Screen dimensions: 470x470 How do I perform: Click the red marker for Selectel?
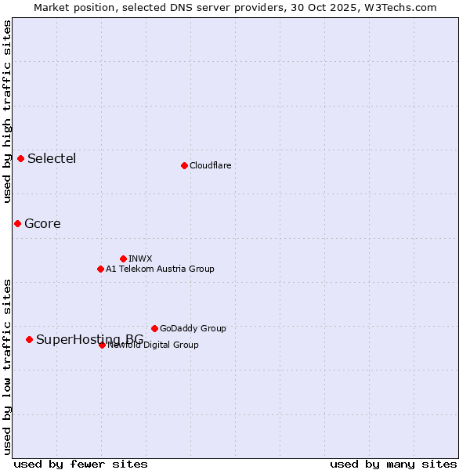click(20, 158)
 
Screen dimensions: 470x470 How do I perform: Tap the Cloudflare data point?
click(184, 165)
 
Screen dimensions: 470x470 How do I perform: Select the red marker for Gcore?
click(17, 223)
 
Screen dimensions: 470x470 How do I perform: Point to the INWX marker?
click(123, 258)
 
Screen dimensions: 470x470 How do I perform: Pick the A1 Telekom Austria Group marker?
click(100, 269)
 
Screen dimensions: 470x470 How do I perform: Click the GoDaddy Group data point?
click(154, 328)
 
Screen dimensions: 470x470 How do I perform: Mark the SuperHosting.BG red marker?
click(29, 339)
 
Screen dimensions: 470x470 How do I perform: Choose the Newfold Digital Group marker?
click(102, 345)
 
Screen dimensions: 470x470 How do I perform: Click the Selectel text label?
click(52, 158)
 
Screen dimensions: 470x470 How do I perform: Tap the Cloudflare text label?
click(210, 165)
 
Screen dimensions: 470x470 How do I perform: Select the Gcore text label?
click(42, 223)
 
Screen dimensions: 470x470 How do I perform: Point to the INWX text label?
click(140, 258)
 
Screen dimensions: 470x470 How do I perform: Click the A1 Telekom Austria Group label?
click(160, 269)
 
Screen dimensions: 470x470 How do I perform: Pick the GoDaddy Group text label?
click(193, 328)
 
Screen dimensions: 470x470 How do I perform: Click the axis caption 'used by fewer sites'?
click(81, 464)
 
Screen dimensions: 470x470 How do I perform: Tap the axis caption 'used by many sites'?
click(393, 464)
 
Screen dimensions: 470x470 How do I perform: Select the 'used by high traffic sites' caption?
click(8, 111)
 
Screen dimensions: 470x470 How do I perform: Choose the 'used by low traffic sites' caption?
click(8, 366)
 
